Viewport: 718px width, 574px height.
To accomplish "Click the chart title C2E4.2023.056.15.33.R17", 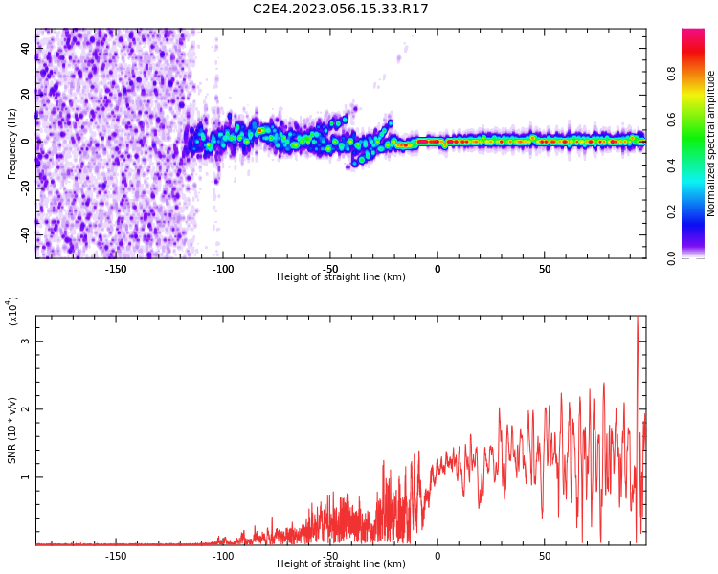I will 341,10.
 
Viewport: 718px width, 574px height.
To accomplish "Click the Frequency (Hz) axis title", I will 12,143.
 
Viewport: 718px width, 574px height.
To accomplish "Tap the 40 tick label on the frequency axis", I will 26,47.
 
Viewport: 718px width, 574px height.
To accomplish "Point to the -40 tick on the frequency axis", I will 26,234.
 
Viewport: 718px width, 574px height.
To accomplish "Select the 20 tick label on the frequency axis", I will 26,94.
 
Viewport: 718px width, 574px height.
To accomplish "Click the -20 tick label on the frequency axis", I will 26,188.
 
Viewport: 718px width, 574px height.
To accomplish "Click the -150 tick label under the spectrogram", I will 116,269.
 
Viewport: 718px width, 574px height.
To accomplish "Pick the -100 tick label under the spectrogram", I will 223,269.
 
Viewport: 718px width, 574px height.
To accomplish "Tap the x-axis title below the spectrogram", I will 341,277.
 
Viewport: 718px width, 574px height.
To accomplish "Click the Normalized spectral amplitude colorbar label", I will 711,143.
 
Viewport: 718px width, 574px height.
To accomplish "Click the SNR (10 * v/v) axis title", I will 12,430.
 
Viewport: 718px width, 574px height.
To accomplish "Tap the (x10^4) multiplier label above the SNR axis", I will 12,311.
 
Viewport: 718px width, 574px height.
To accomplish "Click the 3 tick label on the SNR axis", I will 26,342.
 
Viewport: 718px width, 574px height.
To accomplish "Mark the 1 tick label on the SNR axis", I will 26,477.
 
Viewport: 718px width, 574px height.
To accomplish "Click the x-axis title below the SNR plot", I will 341,564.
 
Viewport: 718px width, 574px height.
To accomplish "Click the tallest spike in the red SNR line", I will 638,320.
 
